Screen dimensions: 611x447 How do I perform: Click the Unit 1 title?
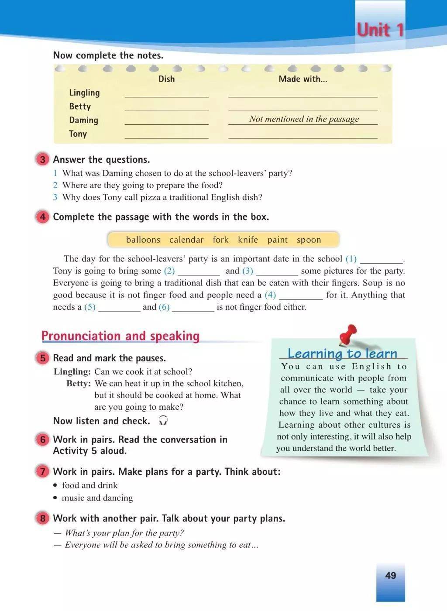380,30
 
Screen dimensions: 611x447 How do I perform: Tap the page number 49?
390,575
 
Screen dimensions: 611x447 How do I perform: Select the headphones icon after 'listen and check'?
163,420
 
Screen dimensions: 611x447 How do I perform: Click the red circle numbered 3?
42,159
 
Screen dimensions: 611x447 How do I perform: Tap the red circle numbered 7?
42,471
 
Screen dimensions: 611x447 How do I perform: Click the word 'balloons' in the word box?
143,240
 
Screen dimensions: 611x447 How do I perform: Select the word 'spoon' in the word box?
309,240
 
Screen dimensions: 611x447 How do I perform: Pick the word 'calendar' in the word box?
186,240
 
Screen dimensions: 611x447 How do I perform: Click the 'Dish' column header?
166,79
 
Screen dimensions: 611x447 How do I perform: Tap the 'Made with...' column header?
303,79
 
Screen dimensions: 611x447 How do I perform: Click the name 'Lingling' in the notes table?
84,93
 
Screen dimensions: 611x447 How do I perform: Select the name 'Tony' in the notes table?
78,134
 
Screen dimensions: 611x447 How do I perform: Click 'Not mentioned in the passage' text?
304,119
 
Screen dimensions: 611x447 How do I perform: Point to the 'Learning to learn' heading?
342,353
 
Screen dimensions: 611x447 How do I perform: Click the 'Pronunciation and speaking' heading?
120,336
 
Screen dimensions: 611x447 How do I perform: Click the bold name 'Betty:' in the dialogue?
79,383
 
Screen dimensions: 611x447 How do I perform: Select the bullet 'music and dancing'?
97,498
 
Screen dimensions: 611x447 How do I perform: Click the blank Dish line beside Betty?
166,109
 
